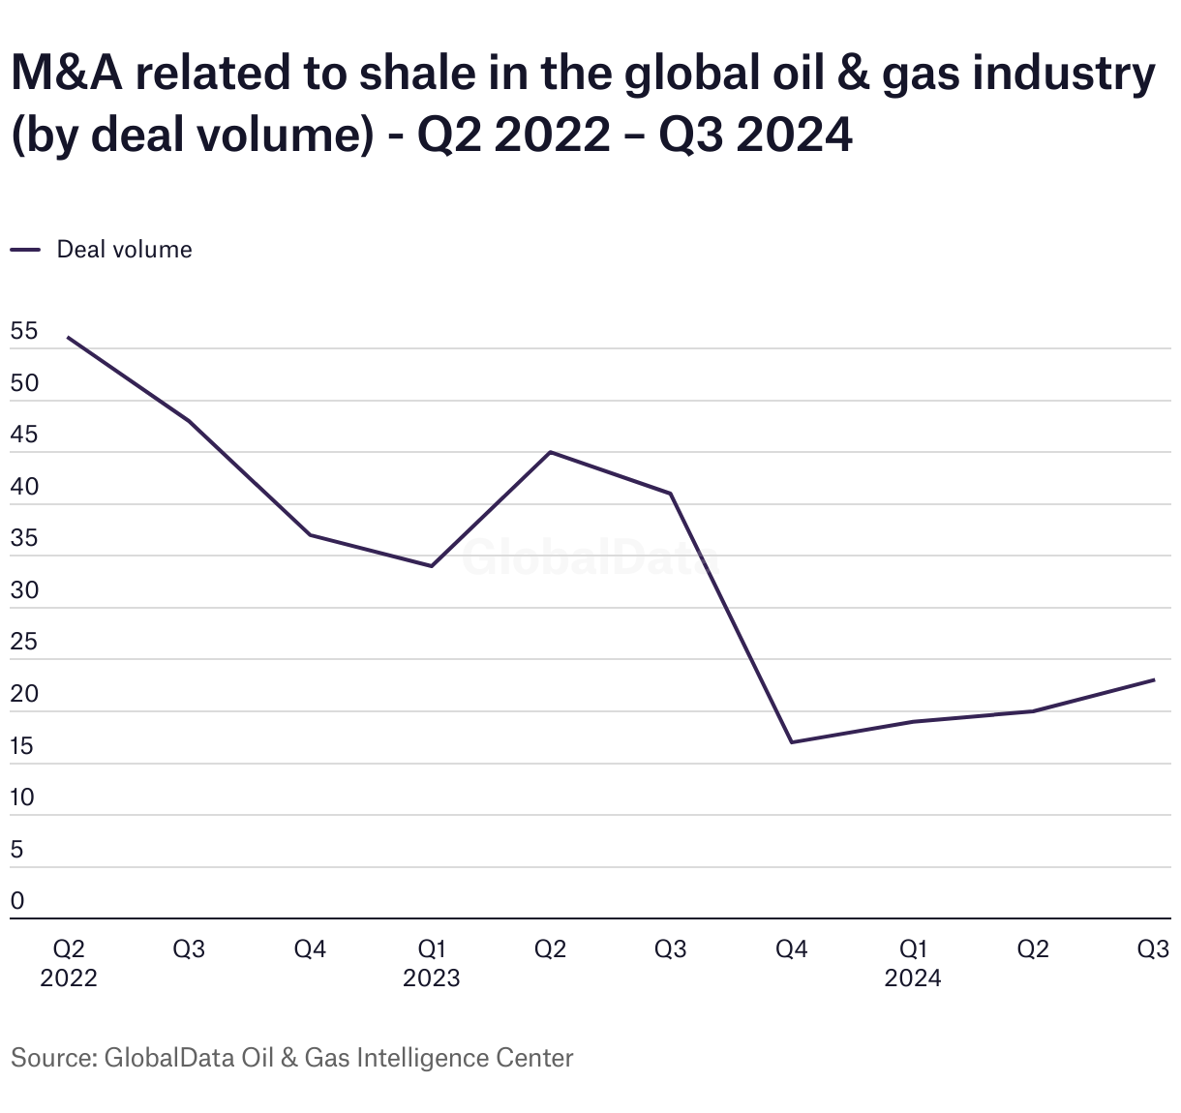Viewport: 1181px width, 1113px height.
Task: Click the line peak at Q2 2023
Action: [550, 452]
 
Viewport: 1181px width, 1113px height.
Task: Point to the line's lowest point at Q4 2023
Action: [792, 742]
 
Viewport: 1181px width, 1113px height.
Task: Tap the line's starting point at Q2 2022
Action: [68, 338]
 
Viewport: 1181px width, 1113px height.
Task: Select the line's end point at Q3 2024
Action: [1154, 679]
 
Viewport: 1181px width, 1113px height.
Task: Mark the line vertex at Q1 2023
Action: [431, 566]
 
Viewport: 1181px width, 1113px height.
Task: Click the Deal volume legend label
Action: [124, 250]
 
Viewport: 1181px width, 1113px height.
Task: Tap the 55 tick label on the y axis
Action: [24, 331]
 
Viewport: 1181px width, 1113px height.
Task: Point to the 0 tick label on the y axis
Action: [17, 901]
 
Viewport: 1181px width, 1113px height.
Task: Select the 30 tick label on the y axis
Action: [24, 590]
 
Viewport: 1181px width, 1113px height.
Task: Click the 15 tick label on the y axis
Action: [23, 746]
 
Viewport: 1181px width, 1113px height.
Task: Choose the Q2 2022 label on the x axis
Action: [69, 963]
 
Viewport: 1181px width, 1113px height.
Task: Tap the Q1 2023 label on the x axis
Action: [431, 963]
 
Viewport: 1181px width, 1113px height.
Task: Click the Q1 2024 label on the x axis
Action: [912, 963]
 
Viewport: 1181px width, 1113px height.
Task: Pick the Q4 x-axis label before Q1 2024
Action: [792, 949]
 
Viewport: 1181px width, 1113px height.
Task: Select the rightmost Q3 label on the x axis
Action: [1153, 949]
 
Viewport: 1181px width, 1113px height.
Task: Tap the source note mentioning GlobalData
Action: [291, 1058]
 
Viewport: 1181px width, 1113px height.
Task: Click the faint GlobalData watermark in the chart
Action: [589, 559]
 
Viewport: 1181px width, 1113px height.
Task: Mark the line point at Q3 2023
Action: [671, 494]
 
